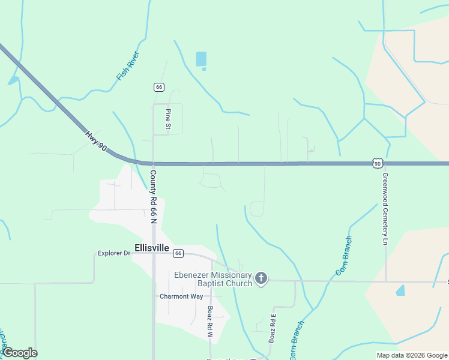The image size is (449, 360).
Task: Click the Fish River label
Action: [128, 66]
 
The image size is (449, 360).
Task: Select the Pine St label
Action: [169, 119]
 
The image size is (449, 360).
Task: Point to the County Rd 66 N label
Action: [153, 196]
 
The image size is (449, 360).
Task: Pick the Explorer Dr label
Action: [114, 253]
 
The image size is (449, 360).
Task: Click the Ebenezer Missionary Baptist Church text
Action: [213, 279]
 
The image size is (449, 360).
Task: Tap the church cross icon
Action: [261, 278]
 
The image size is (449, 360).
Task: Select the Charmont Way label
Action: [181, 296]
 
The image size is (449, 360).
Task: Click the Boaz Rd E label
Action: [274, 328]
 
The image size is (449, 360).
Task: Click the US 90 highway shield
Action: [377, 163]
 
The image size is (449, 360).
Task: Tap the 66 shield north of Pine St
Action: [158, 87]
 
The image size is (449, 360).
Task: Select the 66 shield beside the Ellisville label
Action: [178, 253]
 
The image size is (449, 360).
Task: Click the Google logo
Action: [19, 353]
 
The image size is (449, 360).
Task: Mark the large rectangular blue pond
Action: [201, 59]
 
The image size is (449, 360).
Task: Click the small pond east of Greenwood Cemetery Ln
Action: [400, 290]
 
